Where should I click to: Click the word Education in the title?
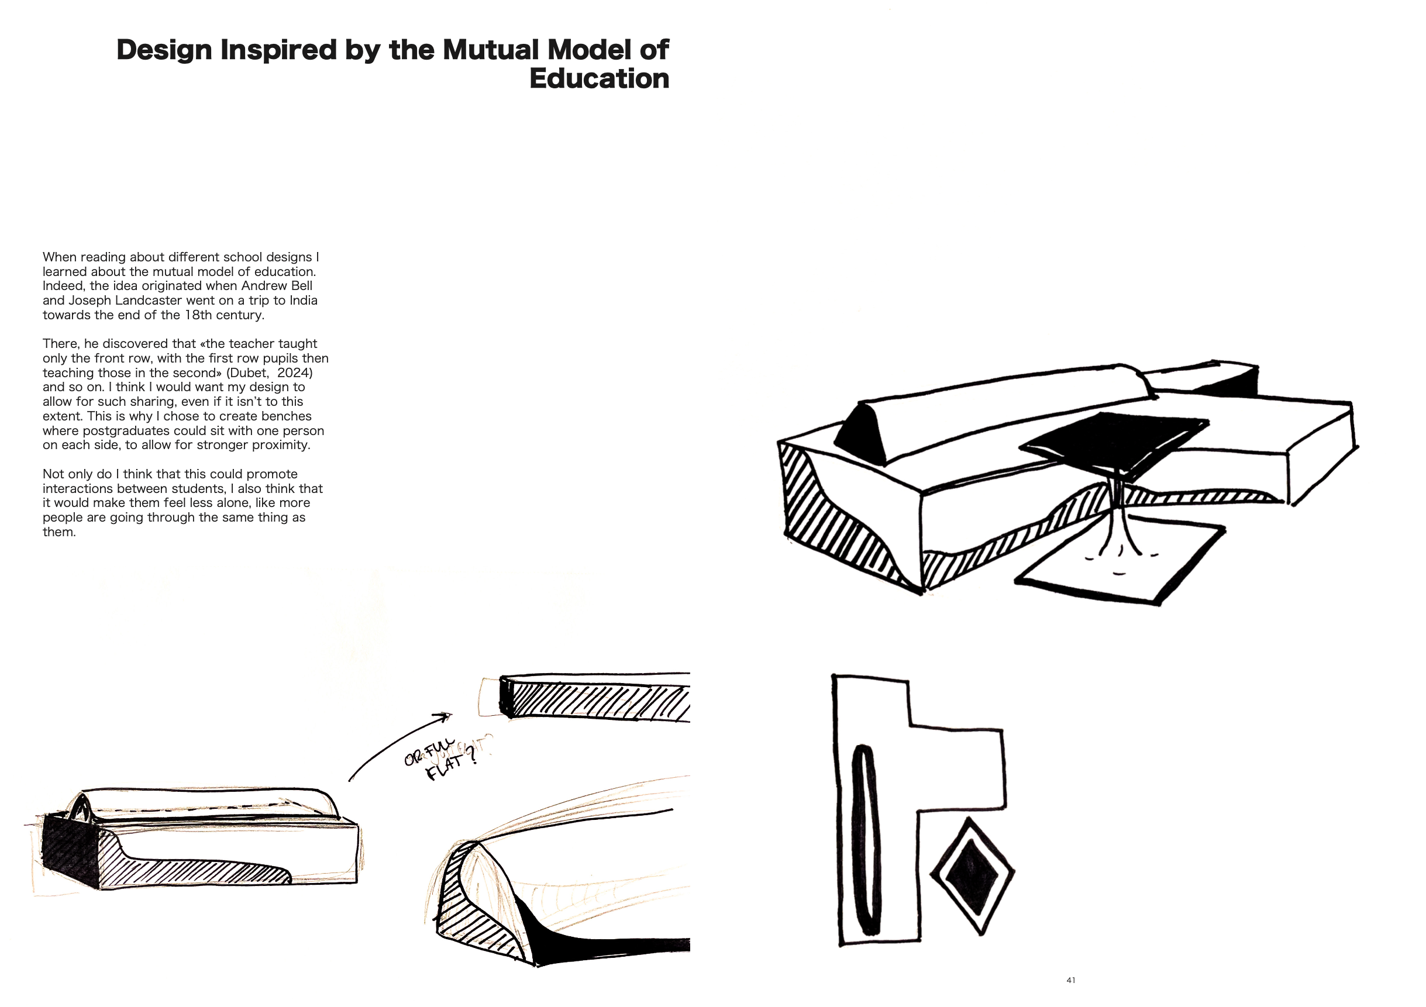[599, 79]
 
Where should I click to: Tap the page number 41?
[1071, 980]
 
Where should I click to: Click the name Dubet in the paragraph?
[249, 373]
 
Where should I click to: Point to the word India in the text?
[301, 301]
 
